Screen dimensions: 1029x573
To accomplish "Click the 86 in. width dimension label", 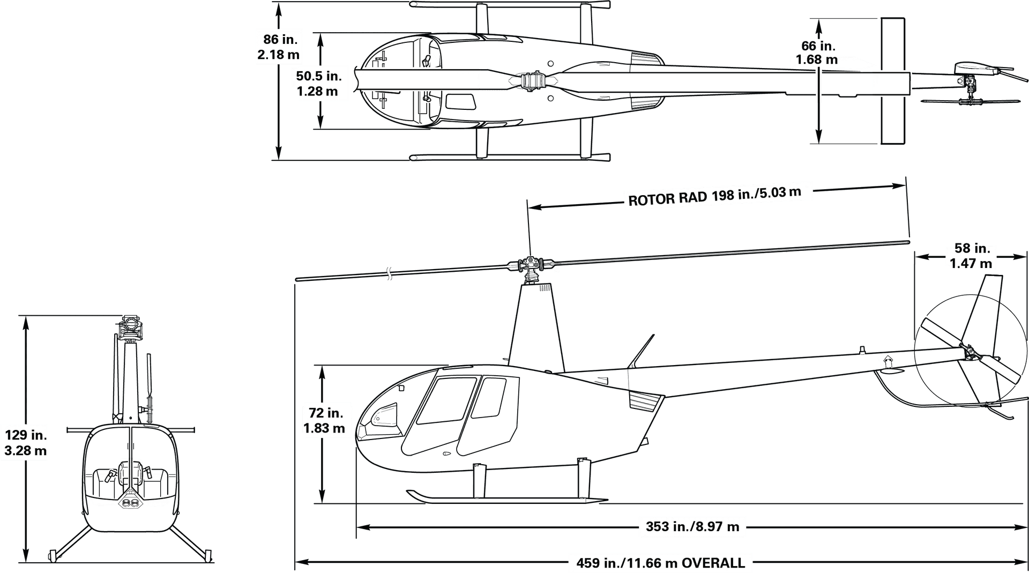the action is point(278,47).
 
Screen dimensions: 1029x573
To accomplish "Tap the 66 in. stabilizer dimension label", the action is point(817,53).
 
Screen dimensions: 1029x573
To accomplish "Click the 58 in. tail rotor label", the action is point(971,256).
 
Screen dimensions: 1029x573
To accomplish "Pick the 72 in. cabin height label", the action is point(324,420).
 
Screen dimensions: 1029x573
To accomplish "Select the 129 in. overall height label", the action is point(26,442).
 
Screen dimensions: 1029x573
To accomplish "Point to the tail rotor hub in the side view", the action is point(970,353).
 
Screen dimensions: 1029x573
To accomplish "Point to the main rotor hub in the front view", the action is point(129,328).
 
